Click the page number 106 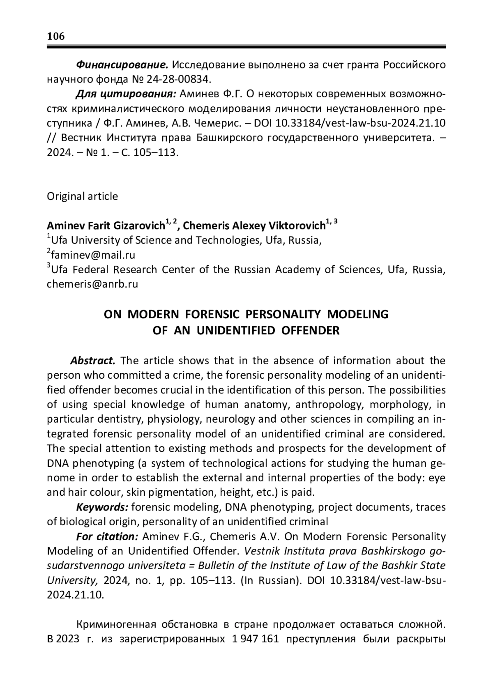tap(56, 36)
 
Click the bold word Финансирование tap(122, 64)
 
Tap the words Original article tap(82, 196)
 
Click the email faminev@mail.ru tap(93, 255)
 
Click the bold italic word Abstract tap(93, 361)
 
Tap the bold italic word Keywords tap(103, 507)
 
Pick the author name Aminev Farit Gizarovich tap(106, 225)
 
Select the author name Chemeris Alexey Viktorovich tap(254, 225)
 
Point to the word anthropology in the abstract tap(329, 405)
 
